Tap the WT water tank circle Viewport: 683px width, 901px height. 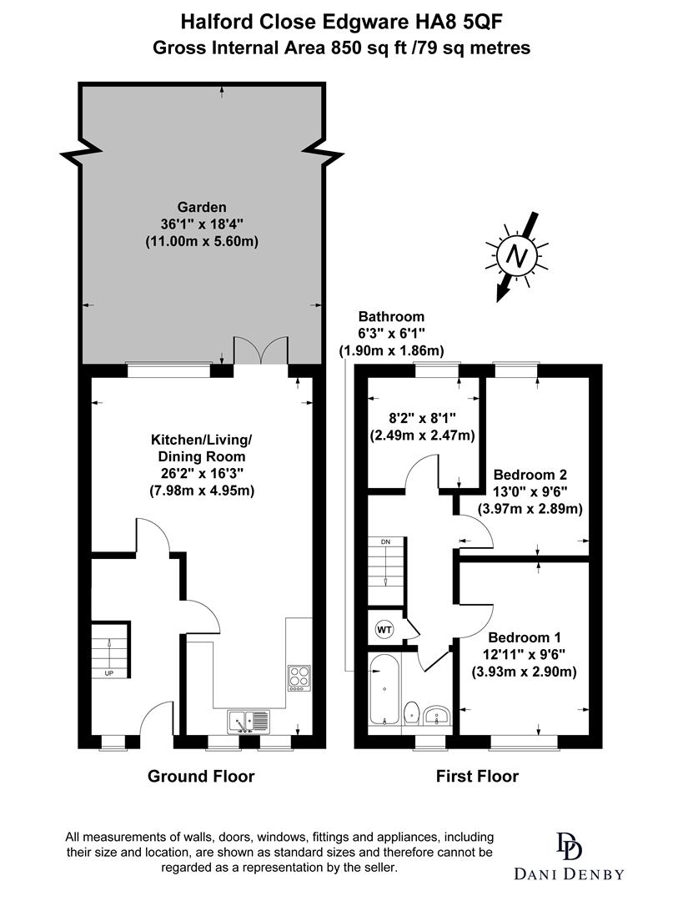coord(384,629)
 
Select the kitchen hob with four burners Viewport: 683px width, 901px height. coord(299,677)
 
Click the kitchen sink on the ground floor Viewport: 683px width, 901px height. coord(249,719)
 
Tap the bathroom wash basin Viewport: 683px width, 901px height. coord(437,716)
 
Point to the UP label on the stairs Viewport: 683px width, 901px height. coord(109,672)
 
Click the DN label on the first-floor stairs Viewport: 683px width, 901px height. coord(385,542)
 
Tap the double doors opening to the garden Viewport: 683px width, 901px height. coord(262,350)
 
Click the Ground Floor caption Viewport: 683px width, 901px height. coord(201,777)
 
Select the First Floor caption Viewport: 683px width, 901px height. coord(477,777)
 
